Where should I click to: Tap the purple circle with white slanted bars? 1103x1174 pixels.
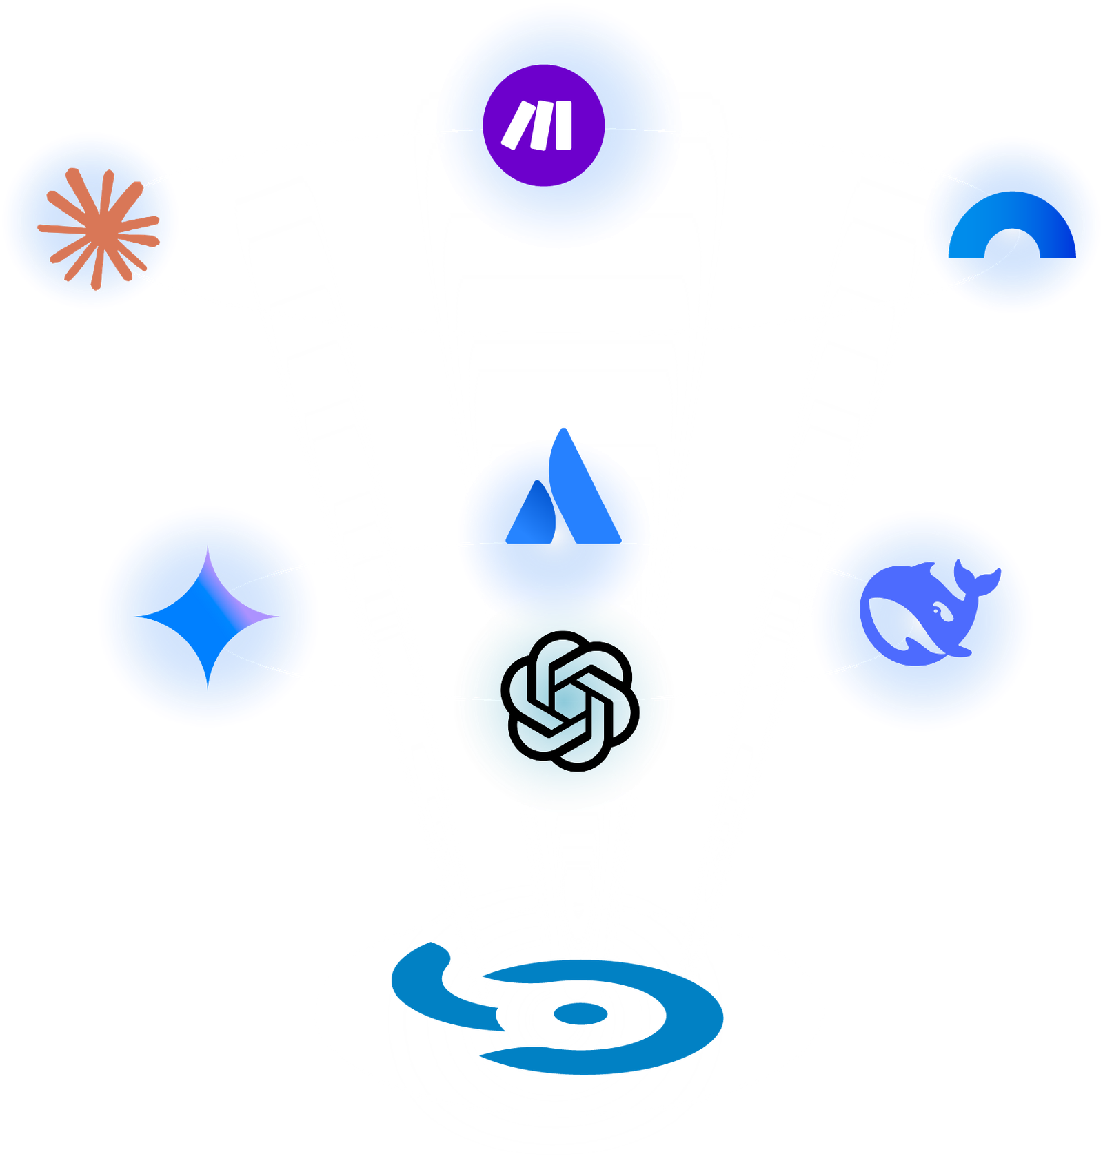(x=543, y=125)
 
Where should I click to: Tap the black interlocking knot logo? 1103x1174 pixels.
(x=569, y=700)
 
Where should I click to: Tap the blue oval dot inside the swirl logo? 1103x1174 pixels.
(x=580, y=1013)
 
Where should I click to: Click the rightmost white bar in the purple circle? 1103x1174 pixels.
(x=564, y=125)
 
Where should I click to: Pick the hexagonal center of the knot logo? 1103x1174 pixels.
(x=569, y=700)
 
